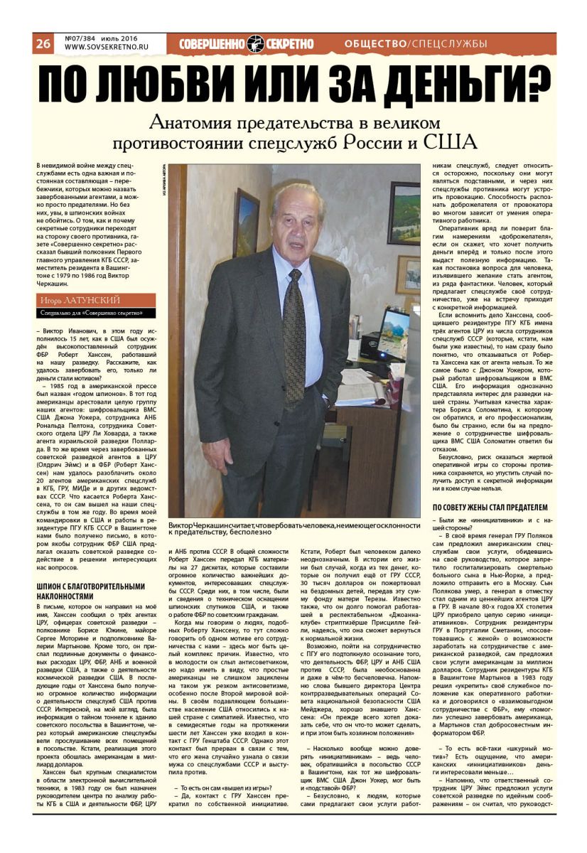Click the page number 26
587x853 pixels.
[43, 43]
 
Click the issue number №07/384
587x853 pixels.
[81, 38]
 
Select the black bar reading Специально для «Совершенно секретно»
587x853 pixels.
[96, 313]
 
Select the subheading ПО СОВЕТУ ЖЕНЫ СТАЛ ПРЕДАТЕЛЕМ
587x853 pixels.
[490, 507]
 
